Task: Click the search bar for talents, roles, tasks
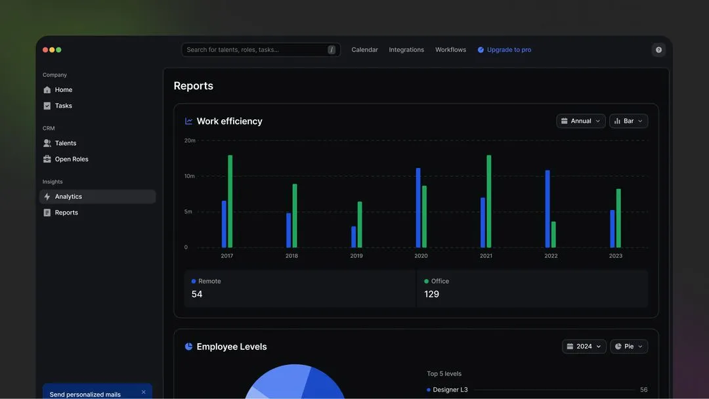[x=256, y=50]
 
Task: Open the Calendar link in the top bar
[x=364, y=50]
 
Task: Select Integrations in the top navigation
[x=406, y=50]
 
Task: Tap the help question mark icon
[x=658, y=50]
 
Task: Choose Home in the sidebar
[x=64, y=90]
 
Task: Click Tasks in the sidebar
[x=64, y=106]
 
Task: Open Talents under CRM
[x=66, y=143]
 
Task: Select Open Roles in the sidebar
[x=72, y=159]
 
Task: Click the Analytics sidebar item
[x=68, y=197]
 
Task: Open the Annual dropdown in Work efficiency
[x=581, y=121]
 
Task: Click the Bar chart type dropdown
[x=628, y=121]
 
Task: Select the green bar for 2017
[x=230, y=201]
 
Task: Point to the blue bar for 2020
[x=418, y=207]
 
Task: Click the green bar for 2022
[x=553, y=234]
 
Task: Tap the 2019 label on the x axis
[x=356, y=256]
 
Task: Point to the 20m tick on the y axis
[x=190, y=140]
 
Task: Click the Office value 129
[x=432, y=295]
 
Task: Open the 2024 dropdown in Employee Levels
[x=584, y=346]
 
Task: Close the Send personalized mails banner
[x=144, y=392]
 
